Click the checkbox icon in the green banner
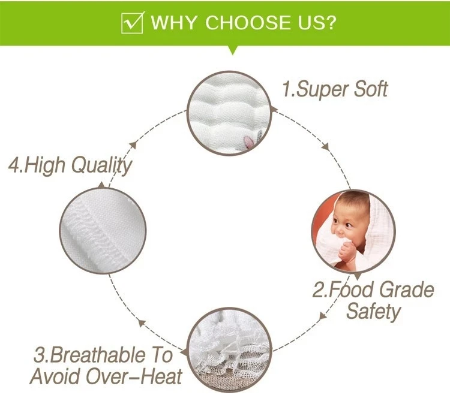coord(132,23)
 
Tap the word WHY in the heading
coord(174,23)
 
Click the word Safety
coord(373,312)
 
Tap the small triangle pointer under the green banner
coord(230,50)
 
